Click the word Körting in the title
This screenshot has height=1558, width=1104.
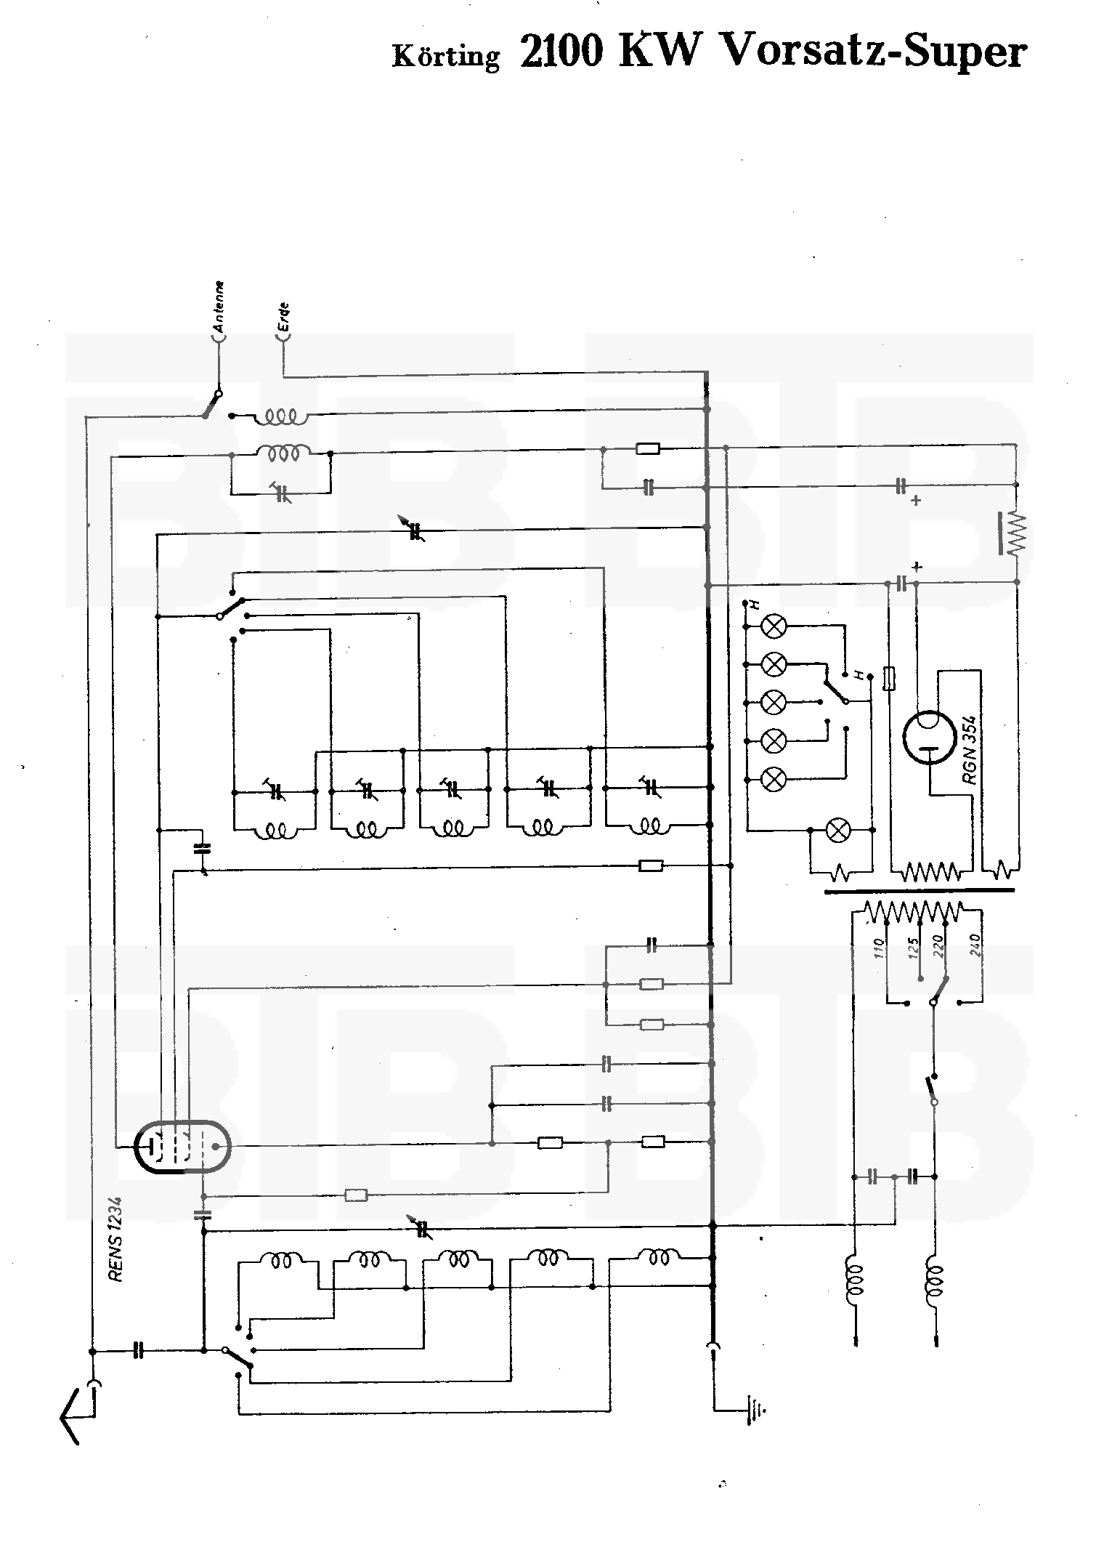[x=446, y=57]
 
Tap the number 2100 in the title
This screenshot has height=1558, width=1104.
[x=561, y=52]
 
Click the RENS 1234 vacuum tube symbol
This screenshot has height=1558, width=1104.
[x=182, y=1147]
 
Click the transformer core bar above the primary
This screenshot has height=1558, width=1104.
[x=919, y=890]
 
